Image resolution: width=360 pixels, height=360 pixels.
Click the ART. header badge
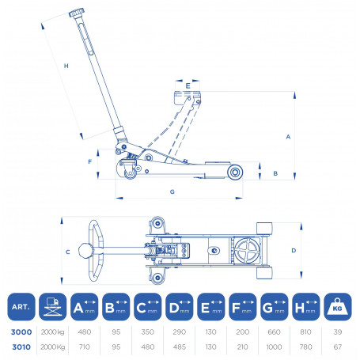(21, 307)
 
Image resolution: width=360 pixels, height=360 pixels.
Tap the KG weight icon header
(338, 307)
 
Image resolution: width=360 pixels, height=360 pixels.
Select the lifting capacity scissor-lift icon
(53, 307)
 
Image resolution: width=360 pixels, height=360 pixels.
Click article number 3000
(21, 332)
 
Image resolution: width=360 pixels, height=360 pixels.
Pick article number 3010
(21, 347)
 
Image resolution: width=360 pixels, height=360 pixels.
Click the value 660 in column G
(274, 332)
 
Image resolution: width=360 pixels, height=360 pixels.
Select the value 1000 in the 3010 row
(274, 347)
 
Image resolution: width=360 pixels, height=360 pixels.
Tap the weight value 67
(338, 347)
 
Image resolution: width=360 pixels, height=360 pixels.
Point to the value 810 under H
(305, 332)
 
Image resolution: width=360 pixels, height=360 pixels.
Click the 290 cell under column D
(180, 332)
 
